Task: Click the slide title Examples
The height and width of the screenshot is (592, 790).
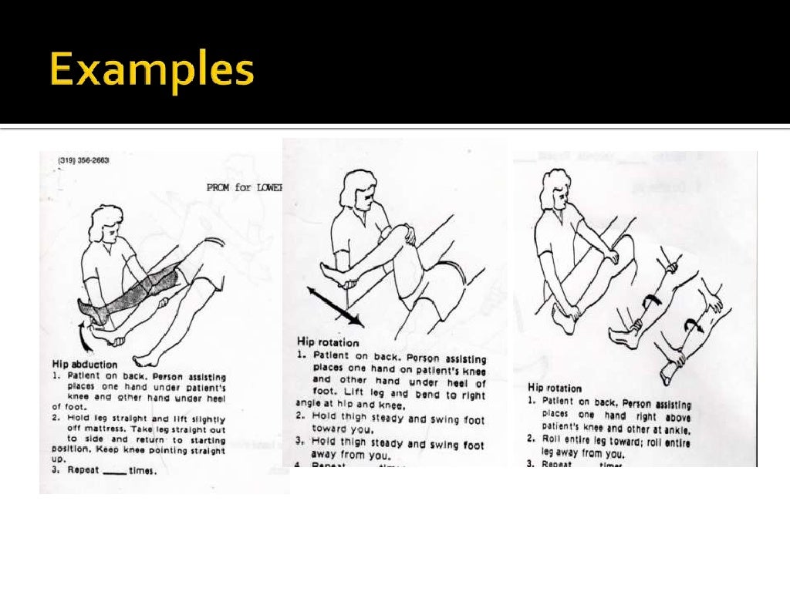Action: point(151,72)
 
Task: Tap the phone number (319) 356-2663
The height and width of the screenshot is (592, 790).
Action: point(84,160)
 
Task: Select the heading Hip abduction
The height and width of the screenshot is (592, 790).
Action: point(84,364)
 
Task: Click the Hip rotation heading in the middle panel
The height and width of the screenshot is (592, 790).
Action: point(328,341)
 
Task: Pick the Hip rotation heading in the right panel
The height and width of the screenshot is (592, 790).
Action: point(555,388)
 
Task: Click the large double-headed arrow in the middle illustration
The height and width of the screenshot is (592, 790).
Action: point(335,306)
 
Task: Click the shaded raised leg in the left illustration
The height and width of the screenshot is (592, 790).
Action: point(147,290)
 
